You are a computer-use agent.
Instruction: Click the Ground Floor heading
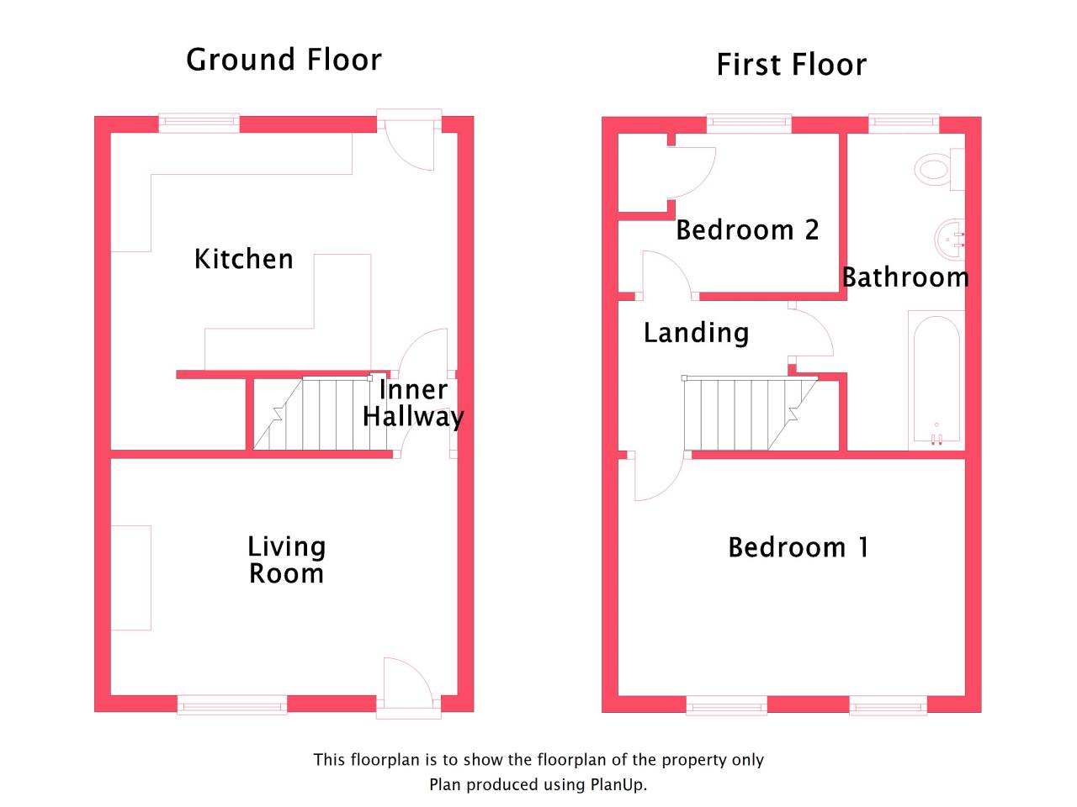click(284, 60)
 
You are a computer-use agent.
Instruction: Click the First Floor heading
click(791, 65)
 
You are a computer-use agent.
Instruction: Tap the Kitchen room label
click(244, 259)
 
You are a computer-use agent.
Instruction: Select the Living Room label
click(287, 560)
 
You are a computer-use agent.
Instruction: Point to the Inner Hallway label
click(413, 403)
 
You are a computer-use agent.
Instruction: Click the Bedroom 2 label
click(747, 229)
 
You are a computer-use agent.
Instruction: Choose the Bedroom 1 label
click(798, 547)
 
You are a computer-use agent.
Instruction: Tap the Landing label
click(696, 333)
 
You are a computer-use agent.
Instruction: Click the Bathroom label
click(905, 277)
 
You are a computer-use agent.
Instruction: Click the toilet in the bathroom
click(939, 170)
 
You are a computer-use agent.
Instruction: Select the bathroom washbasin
click(950, 240)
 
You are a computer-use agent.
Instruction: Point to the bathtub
click(936, 380)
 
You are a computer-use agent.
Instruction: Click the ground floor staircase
click(320, 413)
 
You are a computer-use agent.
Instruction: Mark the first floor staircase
click(750, 413)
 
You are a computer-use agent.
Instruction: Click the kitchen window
click(199, 123)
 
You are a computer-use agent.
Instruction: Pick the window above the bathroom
click(904, 124)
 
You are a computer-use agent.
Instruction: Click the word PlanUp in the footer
click(618, 785)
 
